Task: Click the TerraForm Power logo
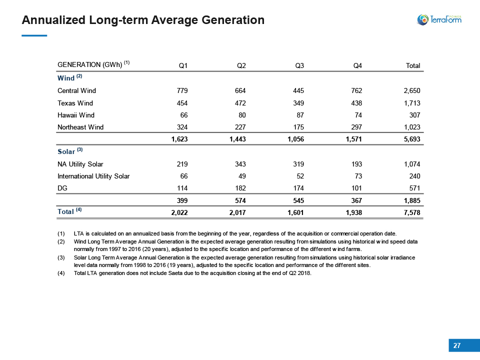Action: (x=439, y=19)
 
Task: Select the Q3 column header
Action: (x=299, y=65)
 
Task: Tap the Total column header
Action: (x=413, y=65)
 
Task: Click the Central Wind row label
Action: (x=76, y=90)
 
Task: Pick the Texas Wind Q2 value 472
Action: (x=240, y=103)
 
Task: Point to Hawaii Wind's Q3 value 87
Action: (x=300, y=115)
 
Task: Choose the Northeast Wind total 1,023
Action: (x=412, y=127)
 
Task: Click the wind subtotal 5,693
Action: (x=412, y=139)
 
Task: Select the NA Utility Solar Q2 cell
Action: (x=240, y=164)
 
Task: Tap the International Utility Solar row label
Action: (x=93, y=176)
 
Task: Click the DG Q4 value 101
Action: (x=356, y=188)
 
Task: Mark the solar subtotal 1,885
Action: (x=412, y=200)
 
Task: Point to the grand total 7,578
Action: (x=412, y=212)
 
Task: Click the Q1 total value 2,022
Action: (x=179, y=212)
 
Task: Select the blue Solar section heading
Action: (x=66, y=151)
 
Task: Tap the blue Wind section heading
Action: (x=66, y=78)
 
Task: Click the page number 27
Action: (x=456, y=345)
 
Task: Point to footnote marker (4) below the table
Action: (x=61, y=273)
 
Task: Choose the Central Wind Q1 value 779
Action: (x=182, y=90)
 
